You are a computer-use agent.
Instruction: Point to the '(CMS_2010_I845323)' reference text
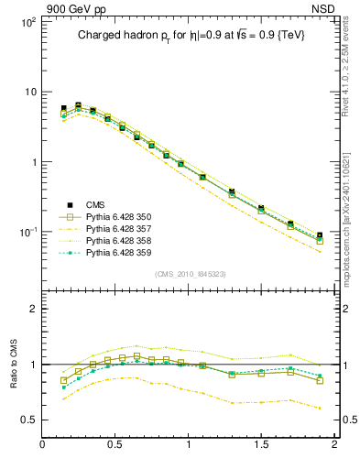(x=191, y=273)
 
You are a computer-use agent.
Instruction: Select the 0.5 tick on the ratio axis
(x=29, y=420)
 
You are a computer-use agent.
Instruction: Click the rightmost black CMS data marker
(x=320, y=235)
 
